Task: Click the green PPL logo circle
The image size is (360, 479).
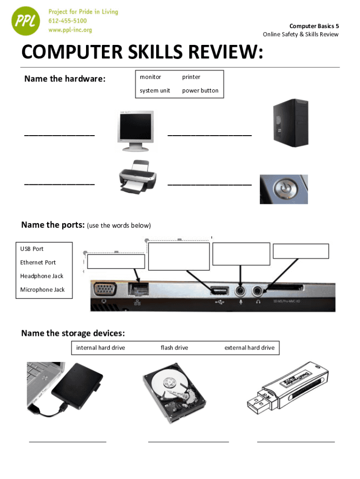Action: click(26, 21)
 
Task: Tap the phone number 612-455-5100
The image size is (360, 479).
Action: click(68, 21)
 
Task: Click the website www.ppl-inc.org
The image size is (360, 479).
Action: click(70, 30)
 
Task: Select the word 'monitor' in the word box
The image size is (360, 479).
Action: click(150, 77)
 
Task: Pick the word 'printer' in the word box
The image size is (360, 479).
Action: click(191, 77)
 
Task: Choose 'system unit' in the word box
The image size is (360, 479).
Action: click(155, 91)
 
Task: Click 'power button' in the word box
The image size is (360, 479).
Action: click(200, 91)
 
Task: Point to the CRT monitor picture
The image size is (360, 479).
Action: click(135, 131)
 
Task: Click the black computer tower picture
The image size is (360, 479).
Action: click(291, 123)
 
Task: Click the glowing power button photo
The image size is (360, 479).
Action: click(284, 189)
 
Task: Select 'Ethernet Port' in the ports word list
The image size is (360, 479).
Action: click(38, 262)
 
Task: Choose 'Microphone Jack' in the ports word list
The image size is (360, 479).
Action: click(43, 290)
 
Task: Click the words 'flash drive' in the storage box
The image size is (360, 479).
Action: click(174, 348)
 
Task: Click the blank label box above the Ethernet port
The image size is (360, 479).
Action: click(116, 261)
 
